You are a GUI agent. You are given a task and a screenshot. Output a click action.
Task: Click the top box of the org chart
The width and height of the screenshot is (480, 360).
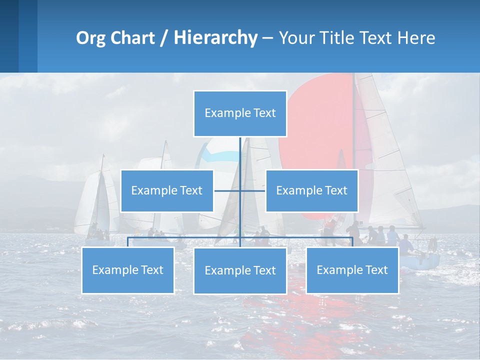(x=240, y=113)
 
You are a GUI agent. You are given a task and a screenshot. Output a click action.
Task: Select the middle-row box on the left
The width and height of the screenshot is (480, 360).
(x=167, y=190)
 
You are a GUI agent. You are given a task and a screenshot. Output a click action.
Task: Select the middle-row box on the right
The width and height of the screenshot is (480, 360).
(x=311, y=190)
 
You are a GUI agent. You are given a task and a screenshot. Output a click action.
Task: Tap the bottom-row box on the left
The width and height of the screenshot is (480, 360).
(x=128, y=270)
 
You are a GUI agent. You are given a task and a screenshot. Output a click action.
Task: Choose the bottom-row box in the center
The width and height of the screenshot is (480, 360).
(x=240, y=270)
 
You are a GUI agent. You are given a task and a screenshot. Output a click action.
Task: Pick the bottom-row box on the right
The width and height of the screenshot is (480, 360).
(x=352, y=270)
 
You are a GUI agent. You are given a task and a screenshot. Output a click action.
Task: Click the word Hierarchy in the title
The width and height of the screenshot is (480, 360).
(x=215, y=38)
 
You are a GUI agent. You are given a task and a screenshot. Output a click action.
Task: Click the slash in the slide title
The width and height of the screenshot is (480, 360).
(x=164, y=38)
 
